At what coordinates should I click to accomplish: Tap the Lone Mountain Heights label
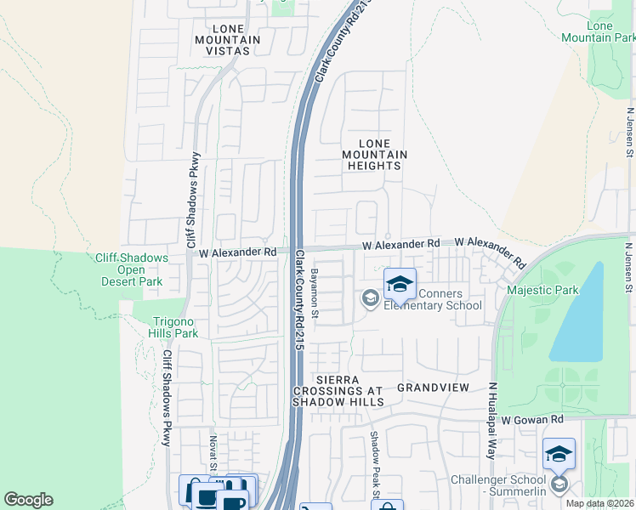pos(374,155)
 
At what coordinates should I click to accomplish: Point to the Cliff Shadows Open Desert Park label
pos(140,270)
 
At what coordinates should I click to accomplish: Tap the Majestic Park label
pos(542,290)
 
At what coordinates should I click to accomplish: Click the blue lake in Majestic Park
pos(578,314)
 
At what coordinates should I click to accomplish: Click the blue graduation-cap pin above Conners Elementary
pos(400,284)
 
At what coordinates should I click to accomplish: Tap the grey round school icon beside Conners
pos(370,297)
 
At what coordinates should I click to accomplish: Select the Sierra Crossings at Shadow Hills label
pos(338,389)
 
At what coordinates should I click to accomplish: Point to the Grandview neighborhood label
pos(433,388)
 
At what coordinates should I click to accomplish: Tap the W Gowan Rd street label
pos(532,420)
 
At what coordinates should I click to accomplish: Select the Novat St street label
pos(213,453)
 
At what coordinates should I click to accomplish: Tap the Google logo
pos(28,500)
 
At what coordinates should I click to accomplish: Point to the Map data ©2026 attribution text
pos(599,503)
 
